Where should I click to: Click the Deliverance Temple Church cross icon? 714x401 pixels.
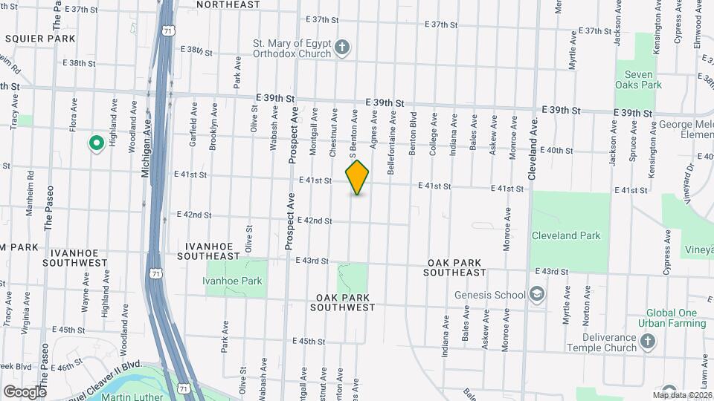click(648, 341)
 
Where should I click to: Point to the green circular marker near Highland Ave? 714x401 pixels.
click(95, 143)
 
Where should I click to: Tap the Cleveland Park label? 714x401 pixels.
click(565, 236)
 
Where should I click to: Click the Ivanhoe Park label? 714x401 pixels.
click(232, 281)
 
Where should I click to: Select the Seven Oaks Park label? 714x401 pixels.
click(638, 79)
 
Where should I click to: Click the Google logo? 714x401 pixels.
click(24, 392)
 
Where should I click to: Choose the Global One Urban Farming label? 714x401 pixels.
click(675, 318)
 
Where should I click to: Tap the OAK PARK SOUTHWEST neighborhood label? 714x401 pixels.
click(343, 301)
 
